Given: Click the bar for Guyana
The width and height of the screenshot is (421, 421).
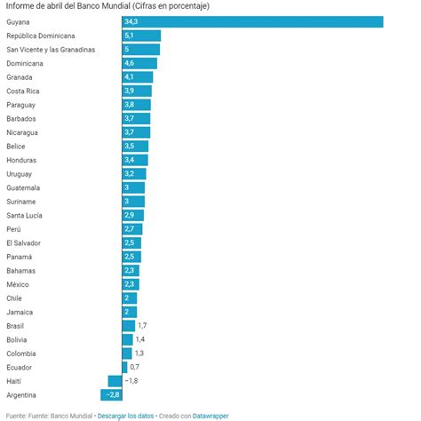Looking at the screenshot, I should point(252,21).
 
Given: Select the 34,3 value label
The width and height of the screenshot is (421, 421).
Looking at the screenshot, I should point(131,21).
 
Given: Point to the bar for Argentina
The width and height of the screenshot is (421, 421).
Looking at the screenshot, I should point(111,394).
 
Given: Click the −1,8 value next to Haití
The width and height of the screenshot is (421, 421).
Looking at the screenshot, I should point(131,380).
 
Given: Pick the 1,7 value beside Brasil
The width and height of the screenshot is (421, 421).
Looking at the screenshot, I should point(142,326).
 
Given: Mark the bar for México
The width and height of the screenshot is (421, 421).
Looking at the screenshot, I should point(131,284).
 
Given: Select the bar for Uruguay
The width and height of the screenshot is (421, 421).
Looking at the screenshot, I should point(134,173).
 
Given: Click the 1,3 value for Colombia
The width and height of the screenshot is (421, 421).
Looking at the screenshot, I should point(139,353).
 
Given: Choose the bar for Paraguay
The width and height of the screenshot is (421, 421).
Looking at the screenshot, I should point(136,104).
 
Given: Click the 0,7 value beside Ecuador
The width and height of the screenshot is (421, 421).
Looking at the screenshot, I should point(135,367).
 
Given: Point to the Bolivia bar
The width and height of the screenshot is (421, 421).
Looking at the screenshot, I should point(127,339).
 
